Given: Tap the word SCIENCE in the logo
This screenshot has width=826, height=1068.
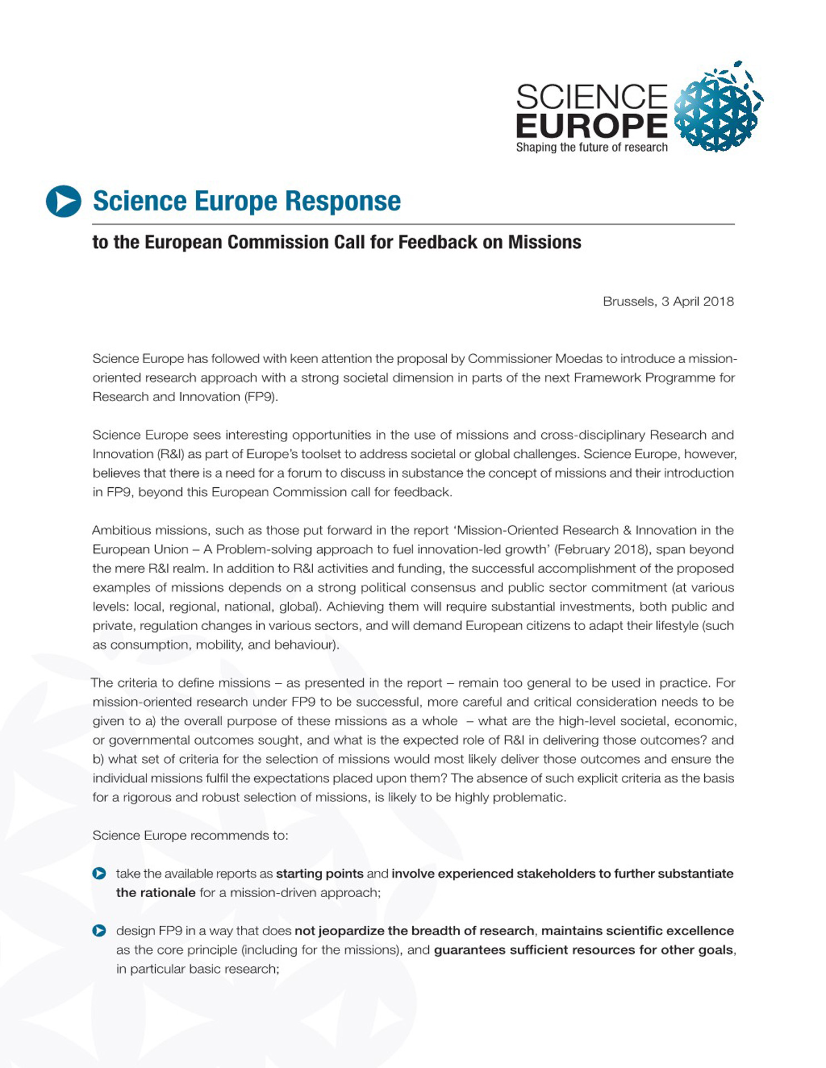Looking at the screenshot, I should pyautogui.click(x=591, y=97).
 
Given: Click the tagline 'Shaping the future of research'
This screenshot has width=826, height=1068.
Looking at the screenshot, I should pyautogui.click(x=591, y=147).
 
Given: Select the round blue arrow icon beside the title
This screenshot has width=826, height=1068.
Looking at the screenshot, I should pyautogui.click(x=63, y=201).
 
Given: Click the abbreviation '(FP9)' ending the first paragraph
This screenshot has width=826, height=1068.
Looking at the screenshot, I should pyautogui.click(x=261, y=397).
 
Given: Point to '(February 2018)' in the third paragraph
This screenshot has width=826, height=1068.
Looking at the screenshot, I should pyautogui.click(x=602, y=550).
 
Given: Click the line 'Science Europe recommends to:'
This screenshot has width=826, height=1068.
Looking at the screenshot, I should pyautogui.click(x=190, y=835).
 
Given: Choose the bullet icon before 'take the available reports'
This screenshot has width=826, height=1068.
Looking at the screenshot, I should pyautogui.click(x=99, y=873).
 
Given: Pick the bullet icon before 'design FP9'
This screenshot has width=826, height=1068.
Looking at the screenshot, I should pyautogui.click(x=99, y=931).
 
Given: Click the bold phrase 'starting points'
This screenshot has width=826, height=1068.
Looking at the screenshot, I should pyautogui.click(x=319, y=874).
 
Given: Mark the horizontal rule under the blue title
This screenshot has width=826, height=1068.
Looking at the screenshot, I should pyautogui.click(x=413, y=224).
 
